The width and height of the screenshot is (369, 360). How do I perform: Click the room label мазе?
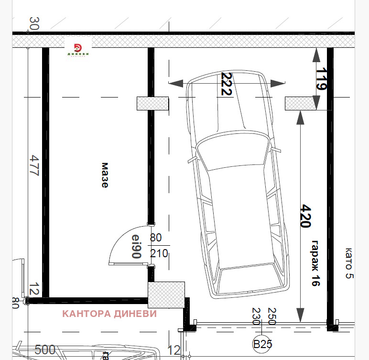coord(105,175)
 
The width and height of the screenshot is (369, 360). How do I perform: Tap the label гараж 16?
coord(315,263)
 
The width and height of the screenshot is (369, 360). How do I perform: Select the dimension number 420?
coord(306,216)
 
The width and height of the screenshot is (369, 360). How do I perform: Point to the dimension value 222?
coord(227,84)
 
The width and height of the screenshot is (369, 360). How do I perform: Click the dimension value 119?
coord(321,78)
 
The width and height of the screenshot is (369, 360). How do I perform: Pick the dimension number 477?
coord(34,165)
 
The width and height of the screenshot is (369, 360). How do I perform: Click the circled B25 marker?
coord(262,344)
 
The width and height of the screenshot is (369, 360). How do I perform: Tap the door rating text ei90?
coord(137,246)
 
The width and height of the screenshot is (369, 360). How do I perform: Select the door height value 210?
coord(159,253)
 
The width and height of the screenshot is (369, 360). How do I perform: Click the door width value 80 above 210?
coord(156,238)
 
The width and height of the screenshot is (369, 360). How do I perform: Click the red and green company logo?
coord(78,49)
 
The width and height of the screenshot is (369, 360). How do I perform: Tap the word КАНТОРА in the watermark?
coord(87,314)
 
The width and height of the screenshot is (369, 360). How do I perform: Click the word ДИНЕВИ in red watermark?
coord(135,314)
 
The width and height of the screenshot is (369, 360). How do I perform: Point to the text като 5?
coord(349,263)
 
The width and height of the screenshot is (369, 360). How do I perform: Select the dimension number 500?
coord(45,349)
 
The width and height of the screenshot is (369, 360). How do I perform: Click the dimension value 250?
coord(272,316)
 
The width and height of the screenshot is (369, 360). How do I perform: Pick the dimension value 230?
coord(256,316)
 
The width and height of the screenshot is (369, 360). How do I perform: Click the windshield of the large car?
coord(232,151)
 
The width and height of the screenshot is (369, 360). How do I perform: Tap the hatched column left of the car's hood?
coord(153,103)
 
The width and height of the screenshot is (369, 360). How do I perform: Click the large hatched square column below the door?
coord(166,295)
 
